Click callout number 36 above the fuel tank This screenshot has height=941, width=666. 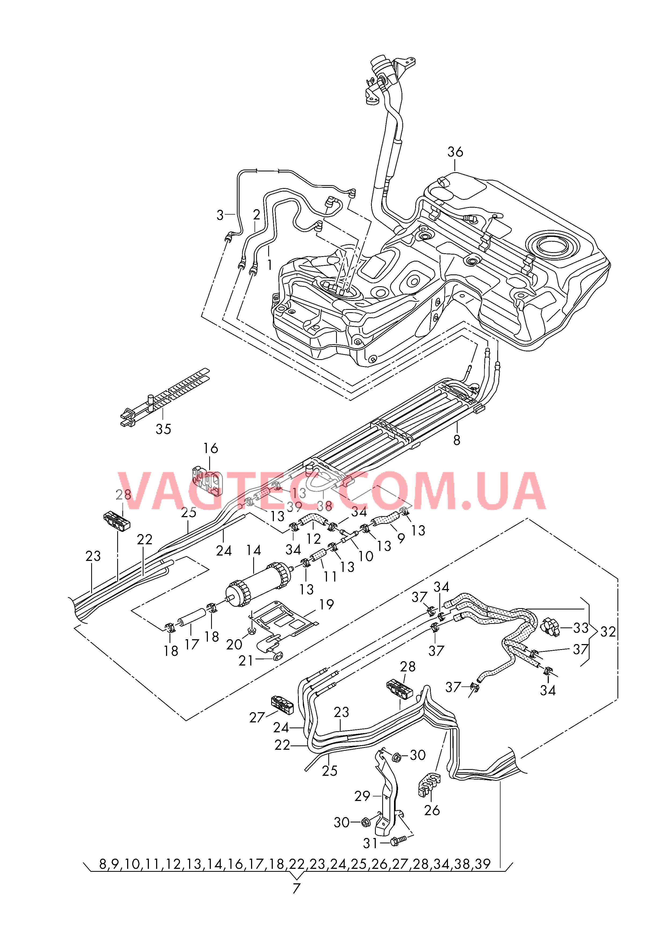tap(455, 152)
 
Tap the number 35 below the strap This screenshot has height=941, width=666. tap(163, 429)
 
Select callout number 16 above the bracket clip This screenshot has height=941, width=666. tap(210, 448)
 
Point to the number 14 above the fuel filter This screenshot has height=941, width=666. tap(253, 550)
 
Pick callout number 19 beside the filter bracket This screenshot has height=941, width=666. tap(326, 604)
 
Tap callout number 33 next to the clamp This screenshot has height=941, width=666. tap(581, 628)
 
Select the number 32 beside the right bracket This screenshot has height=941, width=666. tap(608, 632)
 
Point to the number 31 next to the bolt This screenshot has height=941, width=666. tap(371, 843)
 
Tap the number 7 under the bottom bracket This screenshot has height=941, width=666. tap(296, 888)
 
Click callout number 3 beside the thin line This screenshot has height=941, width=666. tap(220, 215)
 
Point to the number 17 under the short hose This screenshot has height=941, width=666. tap(192, 644)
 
